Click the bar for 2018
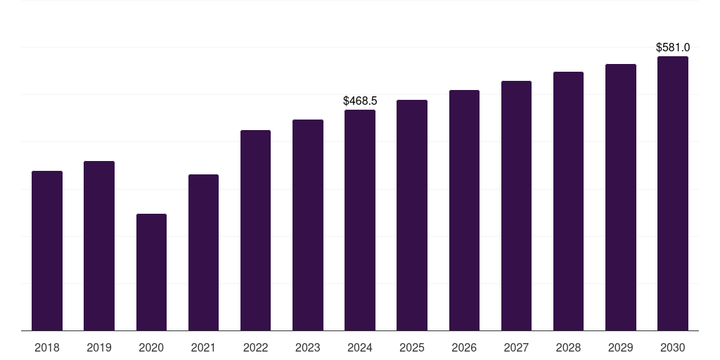(47, 250)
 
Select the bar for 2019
(99, 245)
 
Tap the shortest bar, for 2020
(151, 272)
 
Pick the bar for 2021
(203, 252)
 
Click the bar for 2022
(255, 230)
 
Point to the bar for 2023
(308, 225)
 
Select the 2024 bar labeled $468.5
(360, 220)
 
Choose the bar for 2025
(412, 215)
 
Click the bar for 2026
(464, 210)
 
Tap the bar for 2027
(516, 205)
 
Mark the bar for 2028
(568, 201)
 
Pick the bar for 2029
(621, 197)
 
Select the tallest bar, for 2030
(673, 193)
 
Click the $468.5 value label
(360, 101)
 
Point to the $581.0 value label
(673, 48)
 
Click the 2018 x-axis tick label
(47, 347)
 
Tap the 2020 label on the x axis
(151, 347)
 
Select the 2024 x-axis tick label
(360, 347)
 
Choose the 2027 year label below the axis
(516, 347)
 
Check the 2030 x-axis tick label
(673, 347)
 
